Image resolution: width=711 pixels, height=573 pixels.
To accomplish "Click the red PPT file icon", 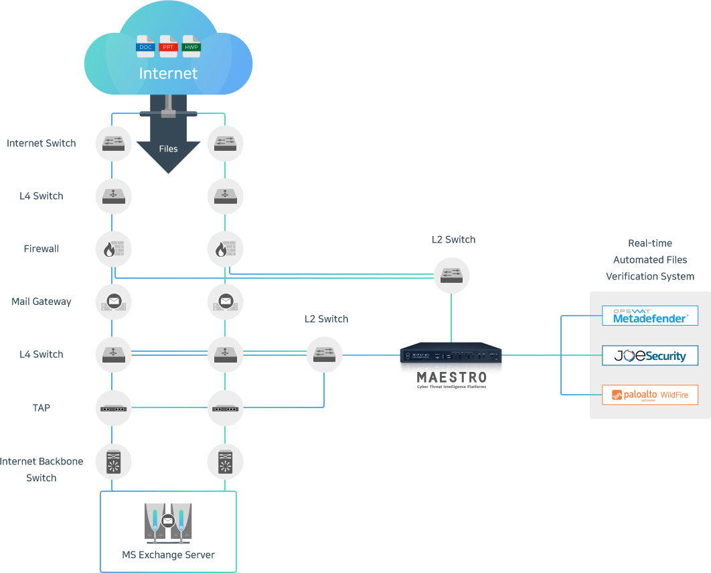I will pos(168,46).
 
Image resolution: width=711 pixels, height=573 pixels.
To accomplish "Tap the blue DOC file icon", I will pos(145,46).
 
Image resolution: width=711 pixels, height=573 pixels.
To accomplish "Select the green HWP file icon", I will pos(191,46).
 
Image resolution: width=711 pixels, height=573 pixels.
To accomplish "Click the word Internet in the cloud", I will pos(168,73).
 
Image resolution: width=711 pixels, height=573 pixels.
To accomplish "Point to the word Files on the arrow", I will pos(168,148).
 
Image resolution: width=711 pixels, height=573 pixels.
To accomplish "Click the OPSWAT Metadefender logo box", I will pos(650,316).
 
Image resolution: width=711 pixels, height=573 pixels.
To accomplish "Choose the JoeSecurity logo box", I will pos(650,355).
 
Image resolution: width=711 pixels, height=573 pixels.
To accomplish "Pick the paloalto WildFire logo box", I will pos(650,395).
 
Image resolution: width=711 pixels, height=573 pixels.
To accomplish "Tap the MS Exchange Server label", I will pos(168,555).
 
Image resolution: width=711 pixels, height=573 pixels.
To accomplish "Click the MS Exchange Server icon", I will pos(168,523).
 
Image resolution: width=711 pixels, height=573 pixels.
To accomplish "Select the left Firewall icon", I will pos(113,249).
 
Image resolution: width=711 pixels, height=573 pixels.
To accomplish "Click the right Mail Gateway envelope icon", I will pos(225,302).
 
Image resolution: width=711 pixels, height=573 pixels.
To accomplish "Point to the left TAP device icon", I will pos(113,407).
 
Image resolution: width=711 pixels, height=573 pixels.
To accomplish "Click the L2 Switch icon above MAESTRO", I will pos(451,275).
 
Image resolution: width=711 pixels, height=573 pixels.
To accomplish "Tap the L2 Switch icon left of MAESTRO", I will pos(325,355).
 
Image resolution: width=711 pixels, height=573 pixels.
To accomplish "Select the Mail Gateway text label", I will pos(42,302).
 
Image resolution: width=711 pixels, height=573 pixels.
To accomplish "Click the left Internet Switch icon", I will pos(113,143).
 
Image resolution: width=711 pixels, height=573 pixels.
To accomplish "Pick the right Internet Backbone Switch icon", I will pos(225,461).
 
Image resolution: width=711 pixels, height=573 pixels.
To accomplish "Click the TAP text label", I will pos(42,407).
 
